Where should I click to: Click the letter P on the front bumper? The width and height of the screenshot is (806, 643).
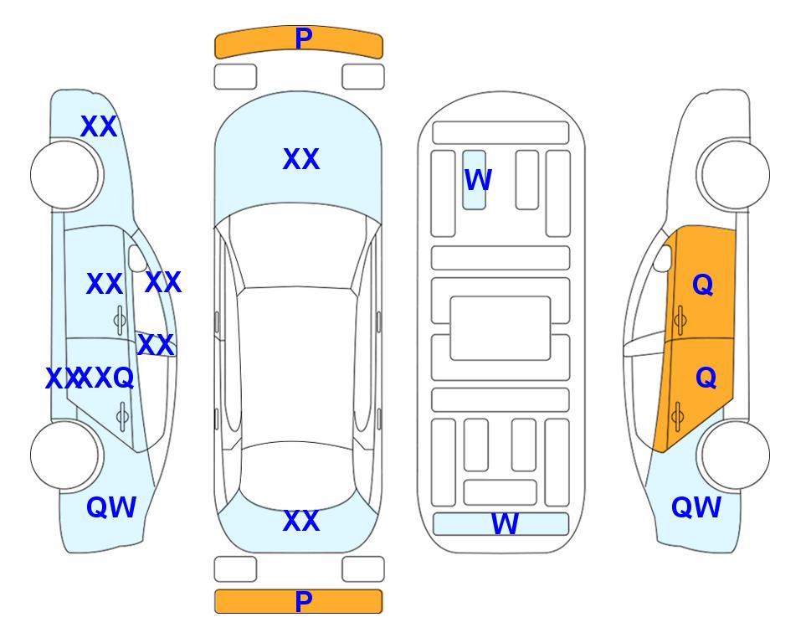(x=303, y=39)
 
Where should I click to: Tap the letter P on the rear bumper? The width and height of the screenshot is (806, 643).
(x=303, y=601)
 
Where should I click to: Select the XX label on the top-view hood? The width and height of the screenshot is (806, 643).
(x=301, y=159)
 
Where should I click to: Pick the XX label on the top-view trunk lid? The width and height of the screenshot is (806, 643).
(x=301, y=521)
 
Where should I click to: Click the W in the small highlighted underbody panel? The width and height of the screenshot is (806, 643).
(x=478, y=180)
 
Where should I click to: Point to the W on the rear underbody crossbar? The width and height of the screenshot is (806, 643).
(x=505, y=524)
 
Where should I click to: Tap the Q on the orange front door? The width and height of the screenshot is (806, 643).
(x=703, y=285)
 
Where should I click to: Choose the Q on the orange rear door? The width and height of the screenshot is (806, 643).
(x=706, y=378)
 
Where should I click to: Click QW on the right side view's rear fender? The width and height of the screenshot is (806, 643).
(x=696, y=507)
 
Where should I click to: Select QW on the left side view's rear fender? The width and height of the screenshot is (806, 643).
(x=111, y=507)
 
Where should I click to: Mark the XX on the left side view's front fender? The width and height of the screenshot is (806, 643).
(x=99, y=126)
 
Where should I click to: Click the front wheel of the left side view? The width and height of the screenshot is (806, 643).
(x=64, y=175)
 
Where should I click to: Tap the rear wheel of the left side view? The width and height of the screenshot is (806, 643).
(x=64, y=455)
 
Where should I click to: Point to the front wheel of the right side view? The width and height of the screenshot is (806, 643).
(x=736, y=175)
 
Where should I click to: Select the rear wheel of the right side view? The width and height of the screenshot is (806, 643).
(x=736, y=455)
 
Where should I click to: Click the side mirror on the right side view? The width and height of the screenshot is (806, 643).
(x=663, y=258)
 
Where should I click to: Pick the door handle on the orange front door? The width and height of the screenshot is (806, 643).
(x=680, y=320)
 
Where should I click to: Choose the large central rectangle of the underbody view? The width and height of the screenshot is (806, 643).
(x=501, y=328)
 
